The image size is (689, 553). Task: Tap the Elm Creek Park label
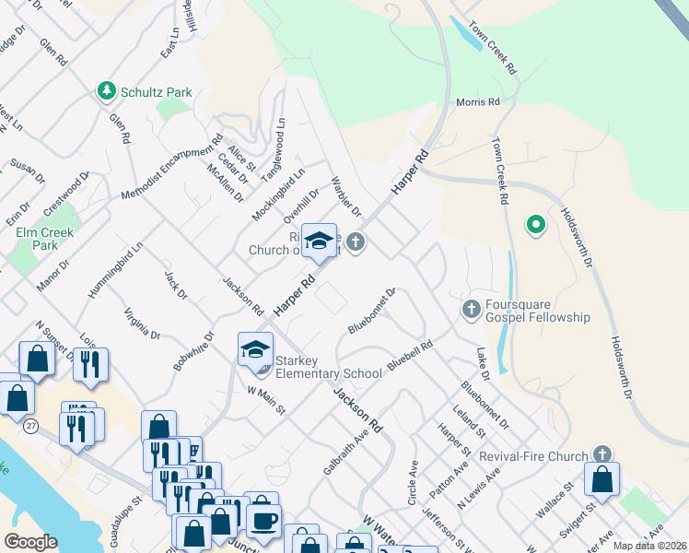coord(38,239)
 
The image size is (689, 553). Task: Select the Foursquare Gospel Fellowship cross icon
coord(471,308)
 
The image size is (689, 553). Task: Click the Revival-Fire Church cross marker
coord(601,454)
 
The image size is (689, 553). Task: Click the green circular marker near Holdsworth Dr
coord(534,224)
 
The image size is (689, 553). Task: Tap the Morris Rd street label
coord(478,102)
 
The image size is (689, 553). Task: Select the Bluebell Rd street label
coord(410,357)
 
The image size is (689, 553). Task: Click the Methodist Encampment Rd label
coord(172,169)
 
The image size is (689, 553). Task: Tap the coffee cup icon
coord(263,520)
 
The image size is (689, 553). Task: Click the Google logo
coord(30,541)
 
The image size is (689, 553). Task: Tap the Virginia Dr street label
coord(142,323)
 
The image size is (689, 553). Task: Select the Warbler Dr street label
coord(346,196)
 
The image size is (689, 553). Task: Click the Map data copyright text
coord(649,546)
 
